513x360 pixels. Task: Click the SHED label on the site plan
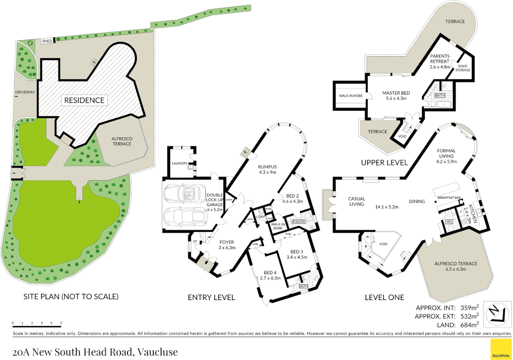click(47, 41)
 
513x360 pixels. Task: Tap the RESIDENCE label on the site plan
click(84, 100)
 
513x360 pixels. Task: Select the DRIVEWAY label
click(25, 92)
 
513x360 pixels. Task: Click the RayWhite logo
click(501, 349)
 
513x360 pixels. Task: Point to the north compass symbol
click(497, 313)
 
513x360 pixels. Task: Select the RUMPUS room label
click(267, 167)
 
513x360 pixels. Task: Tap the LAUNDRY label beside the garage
click(180, 163)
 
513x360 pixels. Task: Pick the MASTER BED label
click(396, 93)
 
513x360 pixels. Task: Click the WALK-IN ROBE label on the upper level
click(350, 96)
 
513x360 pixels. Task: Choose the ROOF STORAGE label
click(463, 68)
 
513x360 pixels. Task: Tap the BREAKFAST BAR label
click(449, 198)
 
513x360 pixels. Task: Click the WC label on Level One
click(449, 222)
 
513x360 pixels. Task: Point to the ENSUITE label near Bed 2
click(299, 222)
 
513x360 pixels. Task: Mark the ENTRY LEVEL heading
click(211, 297)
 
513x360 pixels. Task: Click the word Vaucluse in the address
click(158, 352)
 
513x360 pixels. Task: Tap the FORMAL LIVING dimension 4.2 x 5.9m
click(446, 161)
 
